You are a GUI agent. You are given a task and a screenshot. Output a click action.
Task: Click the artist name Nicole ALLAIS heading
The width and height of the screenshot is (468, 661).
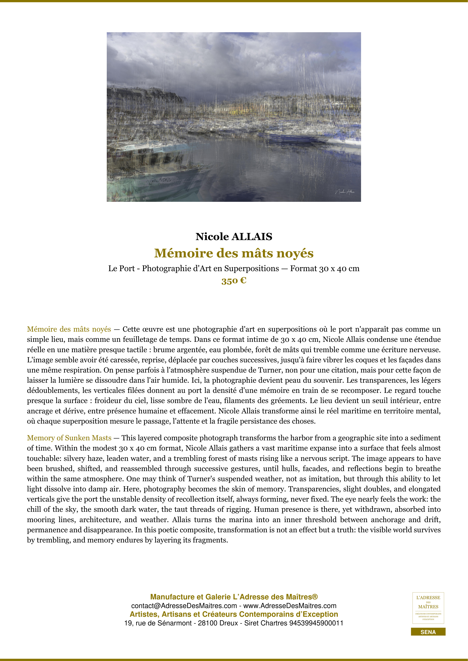pyautogui.click(x=234, y=237)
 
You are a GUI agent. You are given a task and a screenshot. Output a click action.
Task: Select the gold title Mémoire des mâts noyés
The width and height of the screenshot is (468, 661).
pyautogui.click(x=234, y=253)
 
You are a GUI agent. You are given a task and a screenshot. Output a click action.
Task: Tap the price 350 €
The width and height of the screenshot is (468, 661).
pyautogui.click(x=234, y=281)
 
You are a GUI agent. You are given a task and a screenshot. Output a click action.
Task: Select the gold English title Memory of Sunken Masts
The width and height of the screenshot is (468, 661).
pyautogui.click(x=69, y=438)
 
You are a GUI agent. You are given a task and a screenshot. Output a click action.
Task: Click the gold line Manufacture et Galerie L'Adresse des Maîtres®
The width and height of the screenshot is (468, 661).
pyautogui.click(x=234, y=597)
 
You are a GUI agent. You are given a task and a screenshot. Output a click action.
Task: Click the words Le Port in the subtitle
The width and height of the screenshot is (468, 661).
pyautogui.click(x=121, y=269)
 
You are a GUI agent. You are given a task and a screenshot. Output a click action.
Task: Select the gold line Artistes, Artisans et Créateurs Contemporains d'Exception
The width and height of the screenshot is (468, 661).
pyautogui.click(x=234, y=614)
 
